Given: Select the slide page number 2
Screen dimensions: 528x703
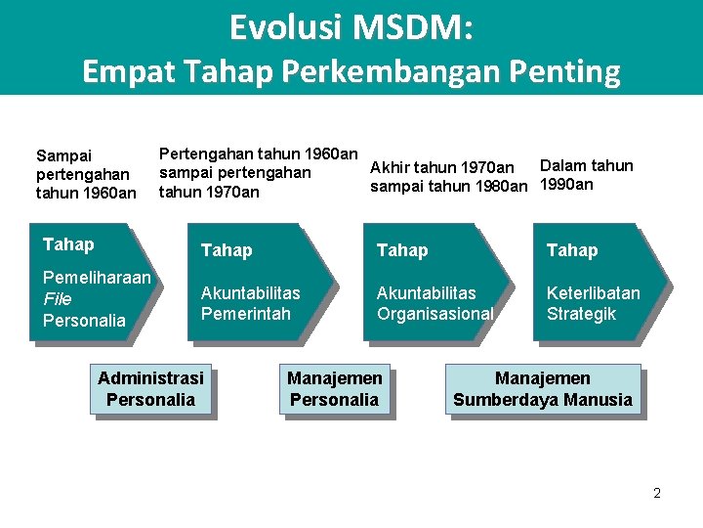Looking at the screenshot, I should pos(657,493).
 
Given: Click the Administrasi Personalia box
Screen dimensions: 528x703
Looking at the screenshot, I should pos(151,388).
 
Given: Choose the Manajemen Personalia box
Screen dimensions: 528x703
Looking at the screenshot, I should pos(334,388).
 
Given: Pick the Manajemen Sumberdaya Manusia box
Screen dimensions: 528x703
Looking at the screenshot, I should pos(543,388).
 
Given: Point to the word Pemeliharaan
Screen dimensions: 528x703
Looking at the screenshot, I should pos(97,278).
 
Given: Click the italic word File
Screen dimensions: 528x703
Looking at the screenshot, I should pos(58,298).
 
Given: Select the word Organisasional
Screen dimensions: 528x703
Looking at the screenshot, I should pos(434,314).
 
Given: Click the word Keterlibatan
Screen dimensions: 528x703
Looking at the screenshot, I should pos(593,292).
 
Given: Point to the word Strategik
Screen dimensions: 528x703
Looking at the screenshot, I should pos(581,314).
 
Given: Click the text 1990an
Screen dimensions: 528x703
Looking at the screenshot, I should pos(566,185).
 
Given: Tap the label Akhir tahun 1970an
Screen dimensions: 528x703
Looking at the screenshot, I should pos(442,168).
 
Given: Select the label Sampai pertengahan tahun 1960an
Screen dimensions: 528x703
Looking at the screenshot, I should pos(85,174).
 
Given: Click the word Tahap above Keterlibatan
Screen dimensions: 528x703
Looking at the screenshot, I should pos(572,250).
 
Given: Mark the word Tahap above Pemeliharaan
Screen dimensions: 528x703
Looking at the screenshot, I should pos(68,244).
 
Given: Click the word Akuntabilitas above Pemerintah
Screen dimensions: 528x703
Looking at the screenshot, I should pos(250,292).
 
